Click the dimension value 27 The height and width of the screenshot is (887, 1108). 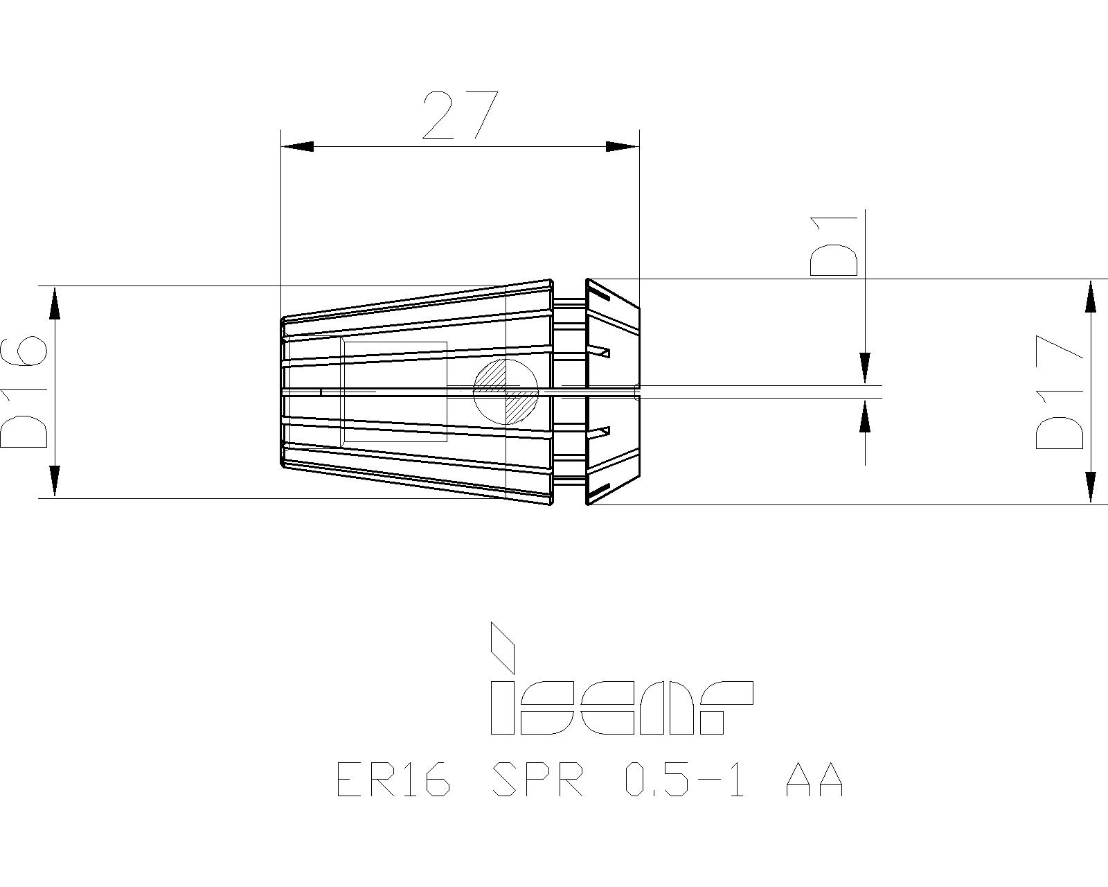[461, 116]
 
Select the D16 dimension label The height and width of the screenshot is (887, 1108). [24, 392]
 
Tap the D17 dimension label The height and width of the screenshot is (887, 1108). [1060, 399]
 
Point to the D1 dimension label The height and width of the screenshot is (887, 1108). [834, 247]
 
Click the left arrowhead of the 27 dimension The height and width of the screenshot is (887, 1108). [297, 146]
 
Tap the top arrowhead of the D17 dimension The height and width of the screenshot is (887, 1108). [1090, 296]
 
